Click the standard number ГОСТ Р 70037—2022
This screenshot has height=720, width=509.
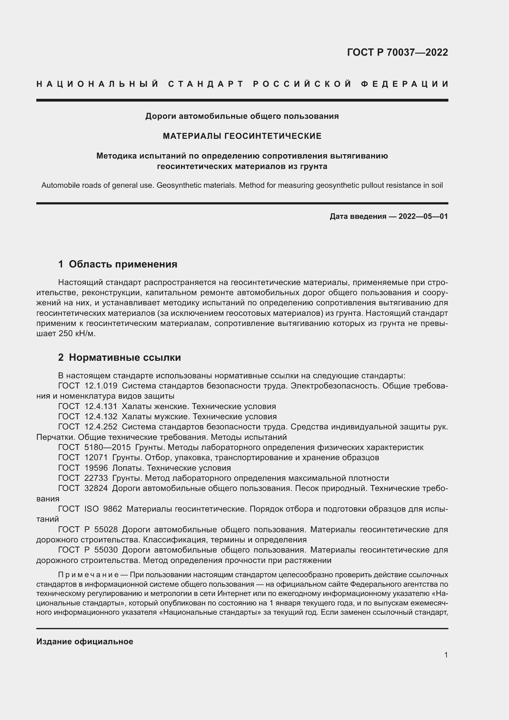click(x=397, y=52)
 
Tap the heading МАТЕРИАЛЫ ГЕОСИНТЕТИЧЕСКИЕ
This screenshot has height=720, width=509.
click(x=242, y=136)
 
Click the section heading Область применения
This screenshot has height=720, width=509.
click(x=123, y=264)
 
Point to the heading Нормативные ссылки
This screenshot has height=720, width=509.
click(x=125, y=357)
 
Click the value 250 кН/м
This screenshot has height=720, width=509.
click(x=77, y=333)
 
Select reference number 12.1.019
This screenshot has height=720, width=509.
click(x=101, y=386)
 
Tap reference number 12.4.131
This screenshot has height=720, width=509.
click(x=101, y=406)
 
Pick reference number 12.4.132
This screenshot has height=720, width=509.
click(x=101, y=416)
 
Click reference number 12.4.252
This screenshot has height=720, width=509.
click(x=101, y=427)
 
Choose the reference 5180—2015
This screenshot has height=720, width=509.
click(x=107, y=447)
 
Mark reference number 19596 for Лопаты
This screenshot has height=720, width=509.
click(x=96, y=468)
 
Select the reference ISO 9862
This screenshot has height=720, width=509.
click(x=103, y=509)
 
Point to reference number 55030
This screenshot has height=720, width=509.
click(x=106, y=550)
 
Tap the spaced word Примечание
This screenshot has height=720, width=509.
click(x=88, y=574)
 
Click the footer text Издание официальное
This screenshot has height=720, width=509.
click(x=85, y=642)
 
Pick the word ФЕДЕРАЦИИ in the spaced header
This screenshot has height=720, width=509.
click(x=405, y=84)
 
